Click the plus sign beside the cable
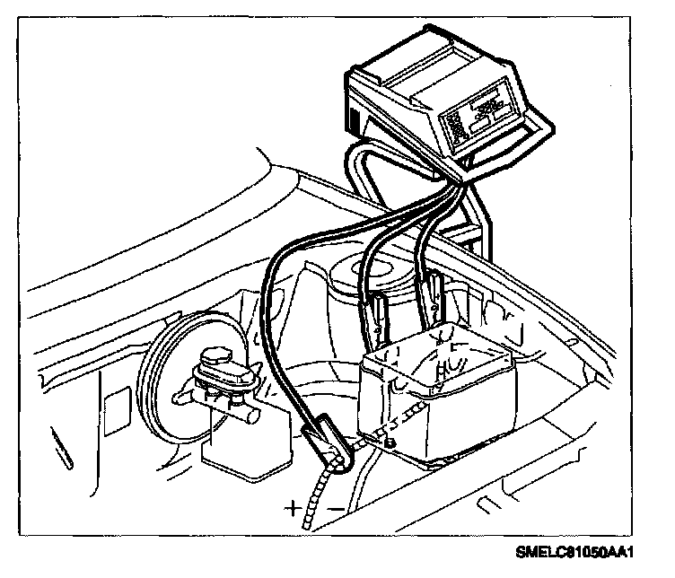pos(294,508)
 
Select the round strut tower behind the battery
pos(359,278)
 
